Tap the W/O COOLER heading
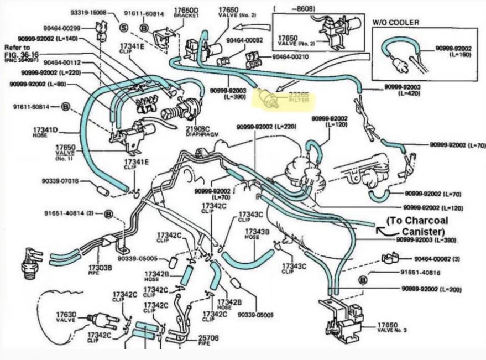tap(395, 22)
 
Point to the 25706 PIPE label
tap(208, 339)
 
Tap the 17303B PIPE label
tap(100, 270)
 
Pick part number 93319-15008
tap(88, 12)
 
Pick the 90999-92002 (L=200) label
tap(432, 289)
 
